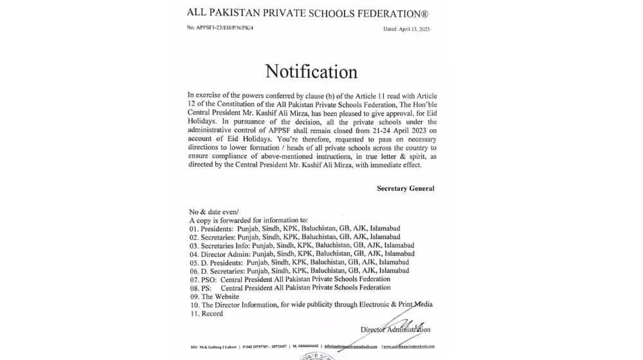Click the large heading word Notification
coord(311,71)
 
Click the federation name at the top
coord(306,13)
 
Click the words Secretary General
coord(405,188)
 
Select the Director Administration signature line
coord(395,330)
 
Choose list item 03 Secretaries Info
coord(301,245)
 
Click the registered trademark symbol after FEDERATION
coord(425,13)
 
